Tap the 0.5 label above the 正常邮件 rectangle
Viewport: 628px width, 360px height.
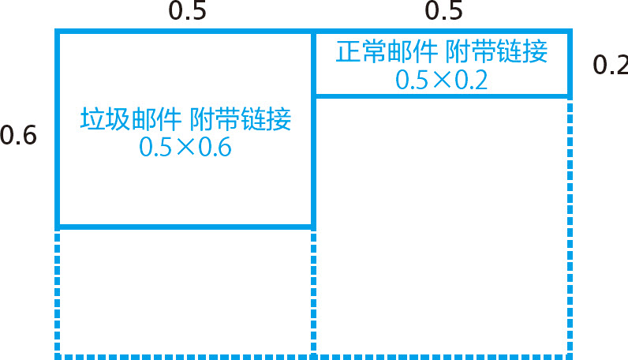coord(444,12)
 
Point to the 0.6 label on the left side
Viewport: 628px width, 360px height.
coord(18,136)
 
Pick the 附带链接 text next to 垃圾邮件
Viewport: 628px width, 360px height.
coord(240,119)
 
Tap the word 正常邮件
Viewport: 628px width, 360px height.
coord(386,52)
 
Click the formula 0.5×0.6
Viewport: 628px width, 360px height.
coord(185,148)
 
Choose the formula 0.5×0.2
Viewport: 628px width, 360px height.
coord(441,80)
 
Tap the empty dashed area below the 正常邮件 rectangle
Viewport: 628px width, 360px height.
coord(441,225)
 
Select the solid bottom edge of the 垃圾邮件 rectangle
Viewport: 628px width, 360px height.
coord(185,227)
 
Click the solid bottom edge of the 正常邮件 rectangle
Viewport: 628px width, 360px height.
coord(441,96)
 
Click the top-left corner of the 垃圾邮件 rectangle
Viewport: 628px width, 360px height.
coord(58,32)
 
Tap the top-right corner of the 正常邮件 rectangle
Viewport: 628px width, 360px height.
coord(569,32)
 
